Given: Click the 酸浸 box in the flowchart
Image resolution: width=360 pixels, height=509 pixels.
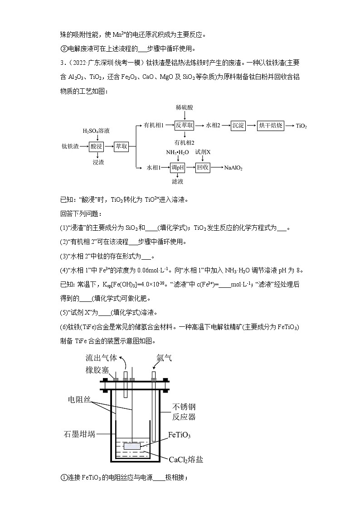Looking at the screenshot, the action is pos(97,146).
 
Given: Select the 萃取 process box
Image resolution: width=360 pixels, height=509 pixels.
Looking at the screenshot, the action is pos(121,146).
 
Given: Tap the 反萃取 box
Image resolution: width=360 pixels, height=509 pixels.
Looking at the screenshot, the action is pos(185,126).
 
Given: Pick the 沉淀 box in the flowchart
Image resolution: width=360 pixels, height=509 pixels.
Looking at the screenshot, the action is pos(238,126).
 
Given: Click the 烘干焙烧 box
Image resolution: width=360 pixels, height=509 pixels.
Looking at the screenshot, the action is pos(271,126).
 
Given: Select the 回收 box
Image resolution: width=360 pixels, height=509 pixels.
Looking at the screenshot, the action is pos(203,167).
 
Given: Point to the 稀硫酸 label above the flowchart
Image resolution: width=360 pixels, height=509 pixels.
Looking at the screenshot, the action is pos(185,108).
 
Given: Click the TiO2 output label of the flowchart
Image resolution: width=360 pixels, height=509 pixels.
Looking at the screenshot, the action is pos(301,126).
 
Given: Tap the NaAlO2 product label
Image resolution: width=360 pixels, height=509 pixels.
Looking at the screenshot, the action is pos(234,168).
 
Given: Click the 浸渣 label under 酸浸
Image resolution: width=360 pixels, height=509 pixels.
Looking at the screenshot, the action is pos(98,162).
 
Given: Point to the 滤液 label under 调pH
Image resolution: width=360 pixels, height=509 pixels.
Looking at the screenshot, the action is pos(177,182).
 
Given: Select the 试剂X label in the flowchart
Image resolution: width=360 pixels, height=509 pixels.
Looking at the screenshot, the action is pos(203,152).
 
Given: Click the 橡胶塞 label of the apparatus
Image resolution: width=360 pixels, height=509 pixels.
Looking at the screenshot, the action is pos(97,370).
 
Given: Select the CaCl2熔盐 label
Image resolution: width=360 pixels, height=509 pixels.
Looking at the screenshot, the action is pos(186,460).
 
